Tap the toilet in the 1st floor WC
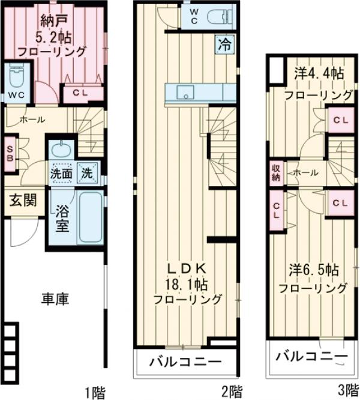pyautogui.click(x=16, y=76)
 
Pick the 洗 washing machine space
pyautogui.click(x=87, y=173)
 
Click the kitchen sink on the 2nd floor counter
pyautogui.click(x=185, y=92)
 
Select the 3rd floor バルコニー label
pyautogui.click(x=311, y=357)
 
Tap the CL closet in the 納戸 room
pyautogui.click(x=79, y=93)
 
